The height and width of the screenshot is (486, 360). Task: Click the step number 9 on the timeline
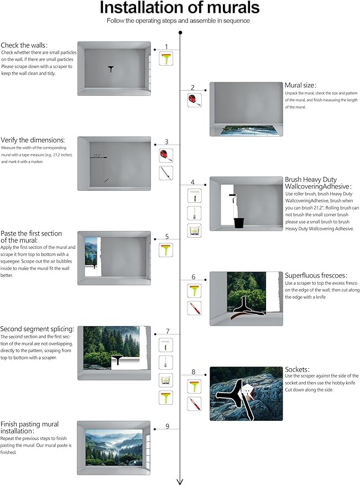(x=168, y=426)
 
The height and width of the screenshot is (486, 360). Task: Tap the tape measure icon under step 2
(x=195, y=100)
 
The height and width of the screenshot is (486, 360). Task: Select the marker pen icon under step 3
(x=166, y=173)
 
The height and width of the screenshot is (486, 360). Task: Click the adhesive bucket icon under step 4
(x=195, y=231)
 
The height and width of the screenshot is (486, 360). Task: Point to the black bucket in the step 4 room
(x=239, y=223)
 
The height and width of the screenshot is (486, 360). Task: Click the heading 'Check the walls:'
(x=24, y=45)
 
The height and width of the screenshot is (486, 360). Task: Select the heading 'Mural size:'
(x=300, y=85)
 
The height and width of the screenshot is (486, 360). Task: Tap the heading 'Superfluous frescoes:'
(x=316, y=275)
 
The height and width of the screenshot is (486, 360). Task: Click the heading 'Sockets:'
(x=297, y=369)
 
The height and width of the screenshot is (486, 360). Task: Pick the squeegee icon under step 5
(x=166, y=250)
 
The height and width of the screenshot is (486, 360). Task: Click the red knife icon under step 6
(x=195, y=308)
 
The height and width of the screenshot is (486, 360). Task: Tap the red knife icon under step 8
(x=195, y=404)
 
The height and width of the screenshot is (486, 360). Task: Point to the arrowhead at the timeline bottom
(x=180, y=482)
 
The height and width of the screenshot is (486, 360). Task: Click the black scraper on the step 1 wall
(x=111, y=69)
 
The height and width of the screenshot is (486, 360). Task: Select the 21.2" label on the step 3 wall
(x=97, y=155)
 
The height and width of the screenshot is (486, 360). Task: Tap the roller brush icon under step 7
(x=166, y=345)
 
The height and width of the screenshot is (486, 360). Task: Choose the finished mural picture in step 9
(x=114, y=447)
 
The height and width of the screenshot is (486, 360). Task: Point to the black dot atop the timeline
(x=180, y=33)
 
